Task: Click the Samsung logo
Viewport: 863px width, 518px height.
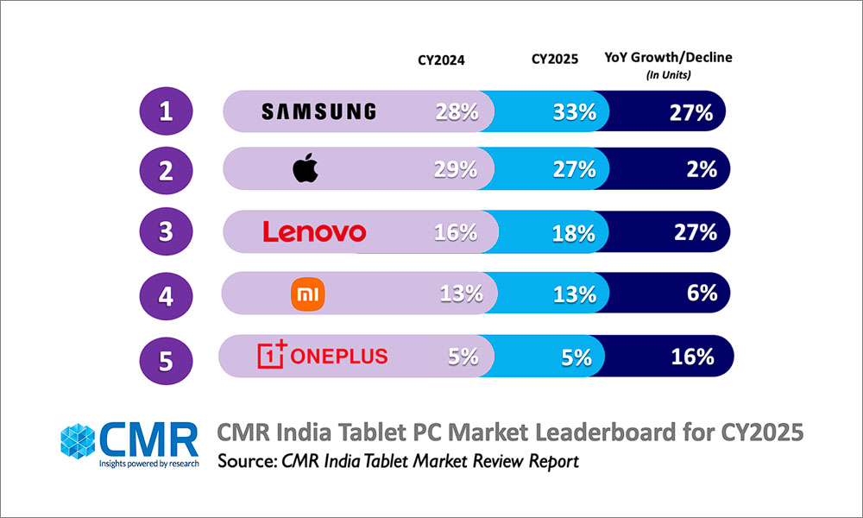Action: tap(318, 111)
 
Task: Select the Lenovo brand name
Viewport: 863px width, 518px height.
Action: tap(314, 231)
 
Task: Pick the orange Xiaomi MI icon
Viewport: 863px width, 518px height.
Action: tap(306, 294)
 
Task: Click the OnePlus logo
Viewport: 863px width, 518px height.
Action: tap(323, 356)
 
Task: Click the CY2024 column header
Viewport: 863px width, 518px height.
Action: tap(442, 60)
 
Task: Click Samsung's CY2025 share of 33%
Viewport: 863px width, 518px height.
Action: tap(574, 111)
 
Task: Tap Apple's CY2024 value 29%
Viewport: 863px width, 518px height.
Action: tap(456, 170)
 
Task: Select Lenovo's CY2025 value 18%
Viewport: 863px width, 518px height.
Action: tap(574, 231)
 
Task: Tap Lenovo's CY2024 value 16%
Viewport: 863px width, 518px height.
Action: tap(456, 231)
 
